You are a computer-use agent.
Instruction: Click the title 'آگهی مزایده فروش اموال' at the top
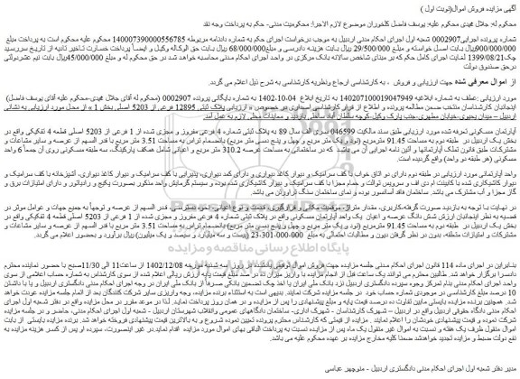[x=469, y=6]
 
